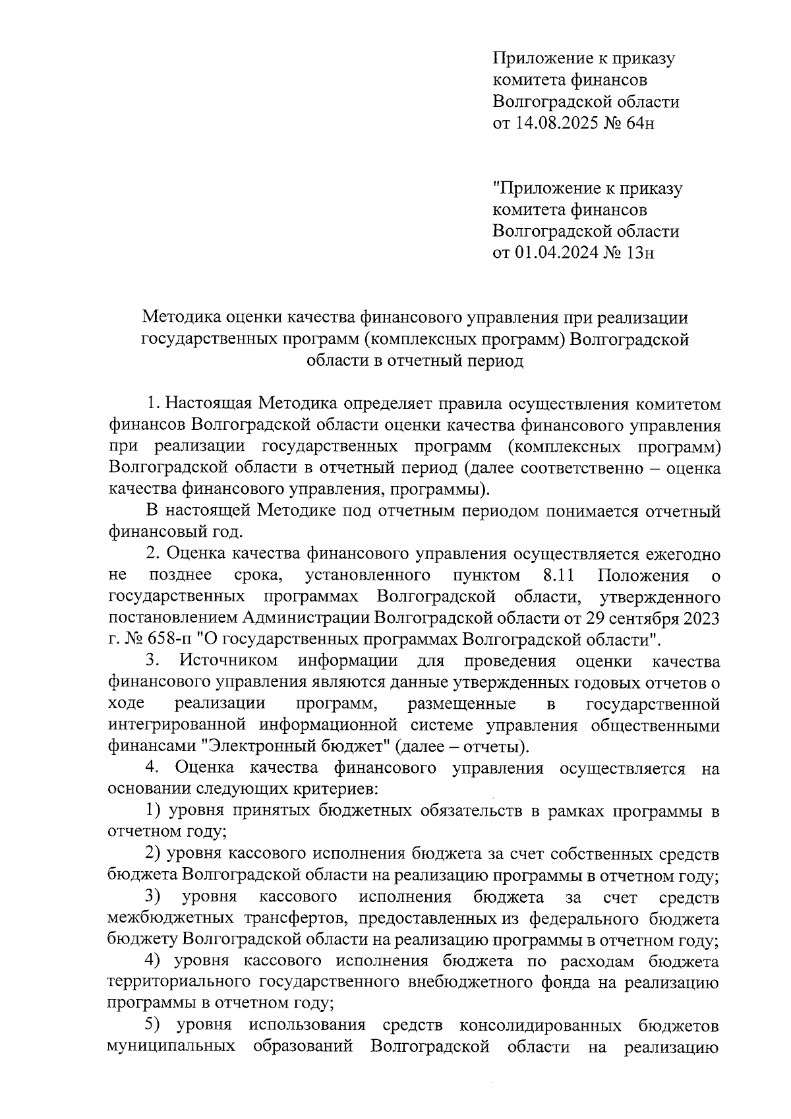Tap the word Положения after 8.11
[643, 576]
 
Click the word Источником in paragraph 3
[229, 661]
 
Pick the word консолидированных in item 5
[540, 1027]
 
